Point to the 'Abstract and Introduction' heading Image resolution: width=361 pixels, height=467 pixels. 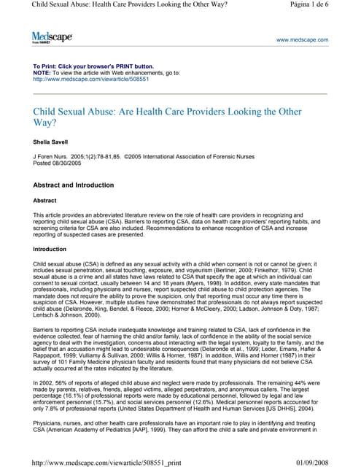pyautogui.click(x=81, y=186)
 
